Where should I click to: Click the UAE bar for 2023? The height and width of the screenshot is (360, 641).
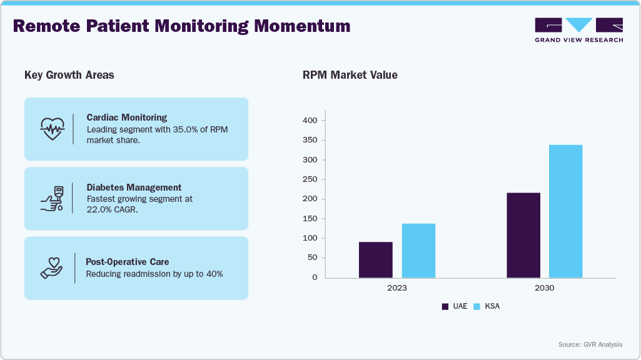click(x=376, y=260)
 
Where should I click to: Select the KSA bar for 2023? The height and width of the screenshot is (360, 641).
click(x=418, y=251)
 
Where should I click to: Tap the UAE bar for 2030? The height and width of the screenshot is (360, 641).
click(x=523, y=236)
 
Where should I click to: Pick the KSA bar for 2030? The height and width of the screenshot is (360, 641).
click(x=566, y=211)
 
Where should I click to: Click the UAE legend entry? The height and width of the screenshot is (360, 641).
click(x=455, y=306)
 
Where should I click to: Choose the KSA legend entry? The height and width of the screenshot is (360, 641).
click(x=487, y=306)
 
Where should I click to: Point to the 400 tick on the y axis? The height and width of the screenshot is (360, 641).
click(x=310, y=121)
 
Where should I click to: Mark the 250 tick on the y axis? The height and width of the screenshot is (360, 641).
click(x=310, y=179)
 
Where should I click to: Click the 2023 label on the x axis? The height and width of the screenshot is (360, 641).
click(x=397, y=288)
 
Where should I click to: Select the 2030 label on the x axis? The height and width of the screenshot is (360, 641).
click(x=545, y=288)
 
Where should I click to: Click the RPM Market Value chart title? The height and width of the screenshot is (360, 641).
click(x=350, y=76)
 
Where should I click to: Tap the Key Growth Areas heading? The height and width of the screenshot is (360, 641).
click(x=69, y=76)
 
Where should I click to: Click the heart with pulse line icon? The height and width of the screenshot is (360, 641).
click(x=52, y=128)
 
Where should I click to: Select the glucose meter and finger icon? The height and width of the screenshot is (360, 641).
click(x=52, y=198)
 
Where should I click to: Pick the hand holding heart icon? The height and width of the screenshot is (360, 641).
click(x=52, y=267)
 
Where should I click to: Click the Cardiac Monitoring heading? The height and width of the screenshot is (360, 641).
click(x=126, y=117)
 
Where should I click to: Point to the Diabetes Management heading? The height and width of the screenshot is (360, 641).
click(x=134, y=187)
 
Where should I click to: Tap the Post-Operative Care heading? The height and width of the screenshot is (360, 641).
click(x=127, y=262)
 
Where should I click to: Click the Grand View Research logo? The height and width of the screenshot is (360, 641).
click(x=578, y=30)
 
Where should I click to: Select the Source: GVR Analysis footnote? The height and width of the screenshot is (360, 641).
click(x=590, y=345)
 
